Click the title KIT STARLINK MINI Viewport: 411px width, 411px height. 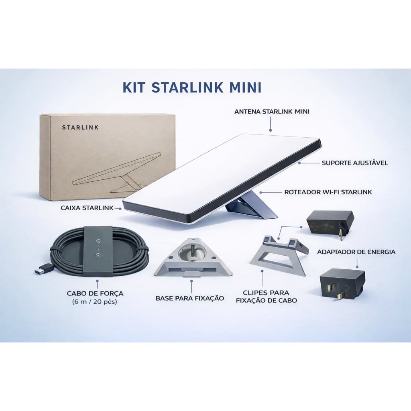(192, 87)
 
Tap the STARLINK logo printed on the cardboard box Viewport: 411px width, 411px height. (80, 128)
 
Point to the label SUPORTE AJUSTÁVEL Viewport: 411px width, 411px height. (354, 163)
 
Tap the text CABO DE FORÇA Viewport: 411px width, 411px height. (95, 293)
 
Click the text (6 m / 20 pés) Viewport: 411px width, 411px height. (95, 301)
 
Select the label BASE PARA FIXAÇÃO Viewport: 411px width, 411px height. (190, 298)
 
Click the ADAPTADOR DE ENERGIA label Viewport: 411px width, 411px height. (356, 252)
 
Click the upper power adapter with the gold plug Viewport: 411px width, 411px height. (330, 222)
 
